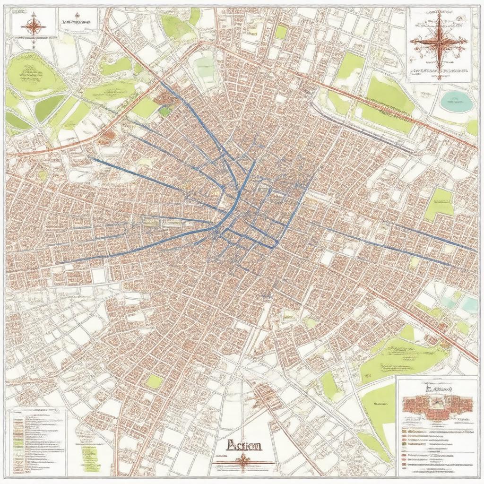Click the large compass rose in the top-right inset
[x=439, y=42]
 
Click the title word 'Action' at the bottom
[x=243, y=445]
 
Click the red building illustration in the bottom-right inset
[x=437, y=406]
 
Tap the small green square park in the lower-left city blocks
[x=154, y=381]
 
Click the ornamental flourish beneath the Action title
[x=243, y=462]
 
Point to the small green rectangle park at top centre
[x=281, y=32]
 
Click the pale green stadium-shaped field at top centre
[x=205, y=69]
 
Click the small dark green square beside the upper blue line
[x=164, y=112]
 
